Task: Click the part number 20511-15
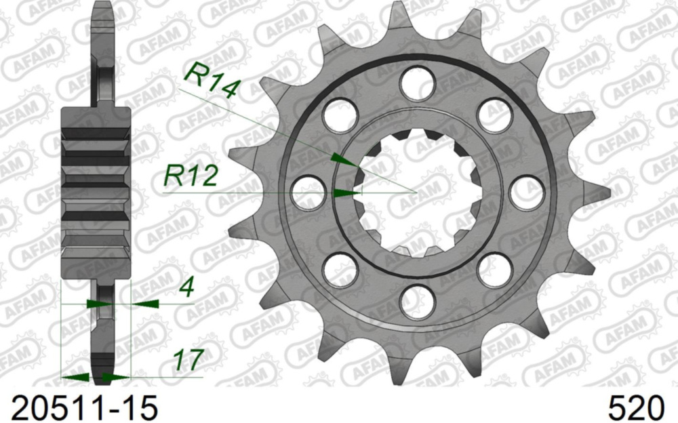[80, 407]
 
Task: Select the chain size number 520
[635, 407]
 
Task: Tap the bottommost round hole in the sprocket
[417, 302]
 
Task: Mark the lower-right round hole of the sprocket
[494, 270]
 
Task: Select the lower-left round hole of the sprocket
[340, 270]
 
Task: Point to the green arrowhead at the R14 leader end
[344, 161]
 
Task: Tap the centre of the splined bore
[417, 193]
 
